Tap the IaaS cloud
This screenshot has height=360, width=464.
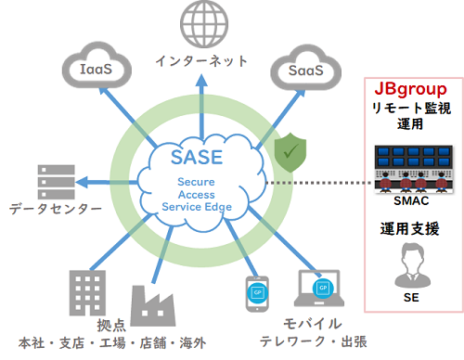coord(95,68)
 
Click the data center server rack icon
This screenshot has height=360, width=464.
coord(56,180)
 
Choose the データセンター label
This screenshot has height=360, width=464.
coord(56,209)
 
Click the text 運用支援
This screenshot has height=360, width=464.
coord(409,228)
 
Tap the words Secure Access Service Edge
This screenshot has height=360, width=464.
coord(198,195)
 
